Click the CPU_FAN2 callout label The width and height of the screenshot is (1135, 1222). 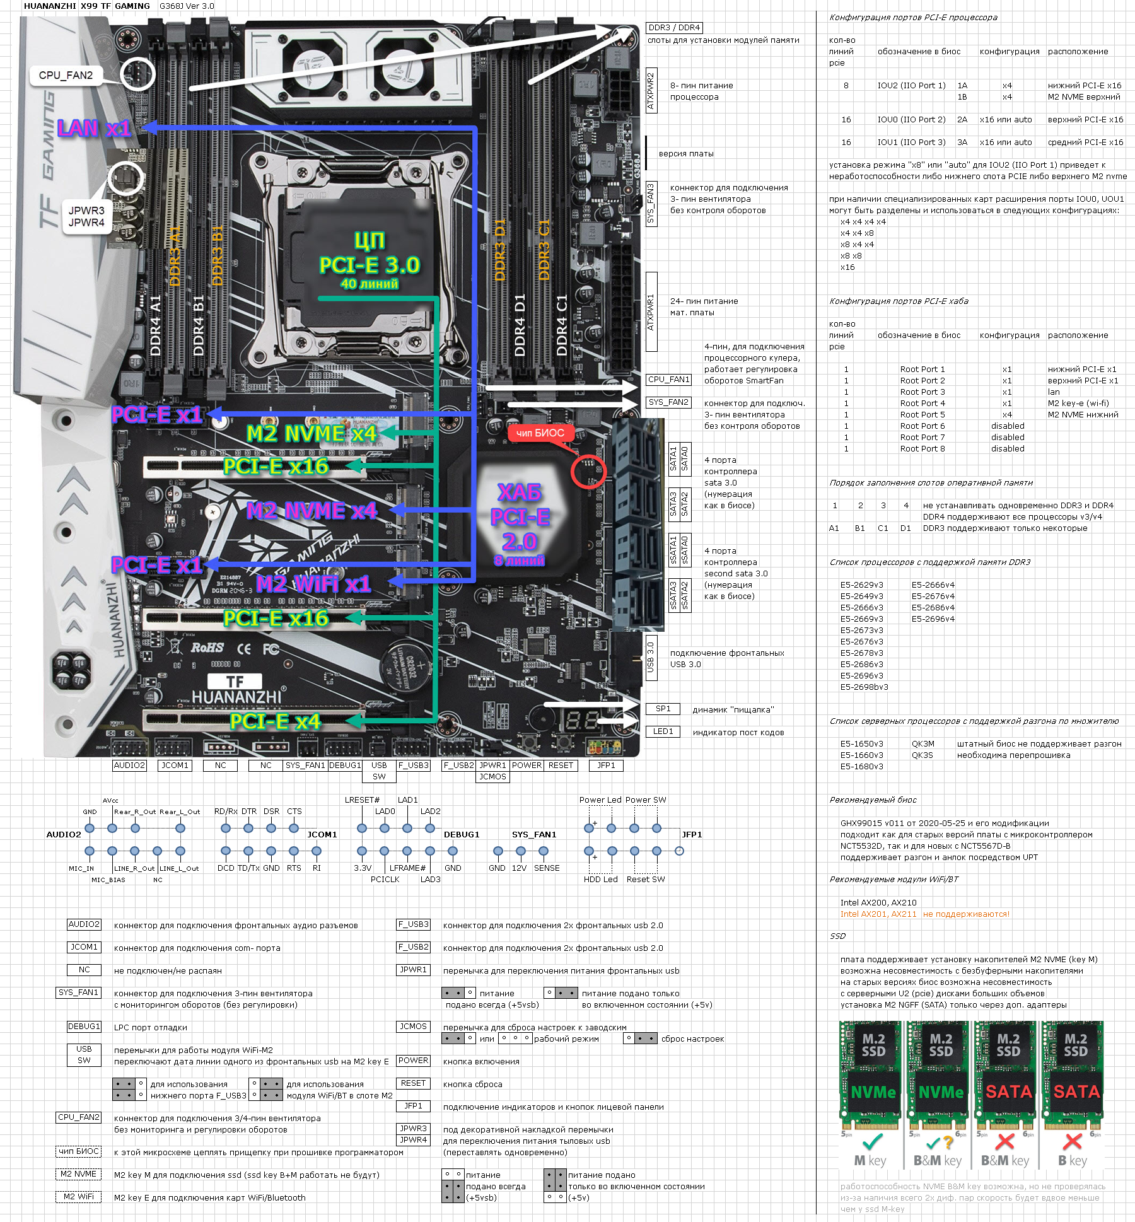click(66, 76)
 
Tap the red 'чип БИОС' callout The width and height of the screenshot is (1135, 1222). click(540, 433)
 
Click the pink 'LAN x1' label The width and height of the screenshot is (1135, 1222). click(94, 128)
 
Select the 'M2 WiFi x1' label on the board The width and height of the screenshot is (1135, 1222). click(313, 584)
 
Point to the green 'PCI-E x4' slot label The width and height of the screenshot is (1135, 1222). click(275, 721)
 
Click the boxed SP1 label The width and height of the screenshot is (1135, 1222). click(663, 709)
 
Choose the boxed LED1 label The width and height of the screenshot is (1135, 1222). click(663, 731)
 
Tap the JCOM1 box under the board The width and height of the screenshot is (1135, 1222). click(175, 765)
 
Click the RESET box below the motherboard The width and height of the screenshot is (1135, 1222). click(561, 765)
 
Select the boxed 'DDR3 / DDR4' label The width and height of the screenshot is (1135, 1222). click(674, 28)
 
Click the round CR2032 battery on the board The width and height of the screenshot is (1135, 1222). click(404, 666)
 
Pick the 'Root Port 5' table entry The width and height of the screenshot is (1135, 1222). click(923, 415)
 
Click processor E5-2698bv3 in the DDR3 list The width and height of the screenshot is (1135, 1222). click(864, 687)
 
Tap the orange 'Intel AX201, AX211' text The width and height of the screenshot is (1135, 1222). click(878, 914)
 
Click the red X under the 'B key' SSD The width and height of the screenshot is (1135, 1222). click(1072, 1142)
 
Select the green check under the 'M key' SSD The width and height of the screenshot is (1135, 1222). click(873, 1142)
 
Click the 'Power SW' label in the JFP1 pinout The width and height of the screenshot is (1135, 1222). click(646, 800)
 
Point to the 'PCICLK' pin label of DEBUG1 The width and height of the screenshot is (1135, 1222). click(385, 880)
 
